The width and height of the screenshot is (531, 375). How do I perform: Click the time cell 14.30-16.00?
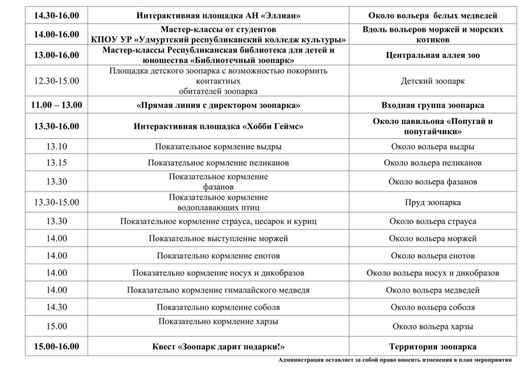coord(57,16)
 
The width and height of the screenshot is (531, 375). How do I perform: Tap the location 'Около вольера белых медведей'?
coord(432,16)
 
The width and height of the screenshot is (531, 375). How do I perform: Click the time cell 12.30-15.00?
coord(57,81)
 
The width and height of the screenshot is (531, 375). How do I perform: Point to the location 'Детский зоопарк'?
coord(432,81)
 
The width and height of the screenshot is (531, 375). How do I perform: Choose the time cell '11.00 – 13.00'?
coord(57,105)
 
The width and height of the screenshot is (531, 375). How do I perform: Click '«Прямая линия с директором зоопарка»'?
coord(218,105)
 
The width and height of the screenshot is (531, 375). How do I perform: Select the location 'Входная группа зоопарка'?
coord(432,105)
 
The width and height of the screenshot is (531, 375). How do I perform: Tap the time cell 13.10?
coord(57,147)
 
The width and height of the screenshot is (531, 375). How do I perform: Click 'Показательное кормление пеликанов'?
coord(218,163)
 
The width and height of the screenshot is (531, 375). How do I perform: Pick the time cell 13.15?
coord(57,163)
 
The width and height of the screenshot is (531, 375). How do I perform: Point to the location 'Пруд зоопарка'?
coord(432,203)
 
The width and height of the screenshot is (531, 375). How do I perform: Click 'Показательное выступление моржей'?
coord(218,239)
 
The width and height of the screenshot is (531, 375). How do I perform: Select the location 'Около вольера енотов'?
coord(432,256)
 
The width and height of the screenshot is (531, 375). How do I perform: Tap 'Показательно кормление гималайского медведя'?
coord(218,290)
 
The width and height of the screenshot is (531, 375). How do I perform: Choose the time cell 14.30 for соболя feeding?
coord(57,307)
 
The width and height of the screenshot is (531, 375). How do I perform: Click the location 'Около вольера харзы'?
coord(432,326)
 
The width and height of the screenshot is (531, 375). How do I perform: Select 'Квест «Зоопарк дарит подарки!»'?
coord(218,347)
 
